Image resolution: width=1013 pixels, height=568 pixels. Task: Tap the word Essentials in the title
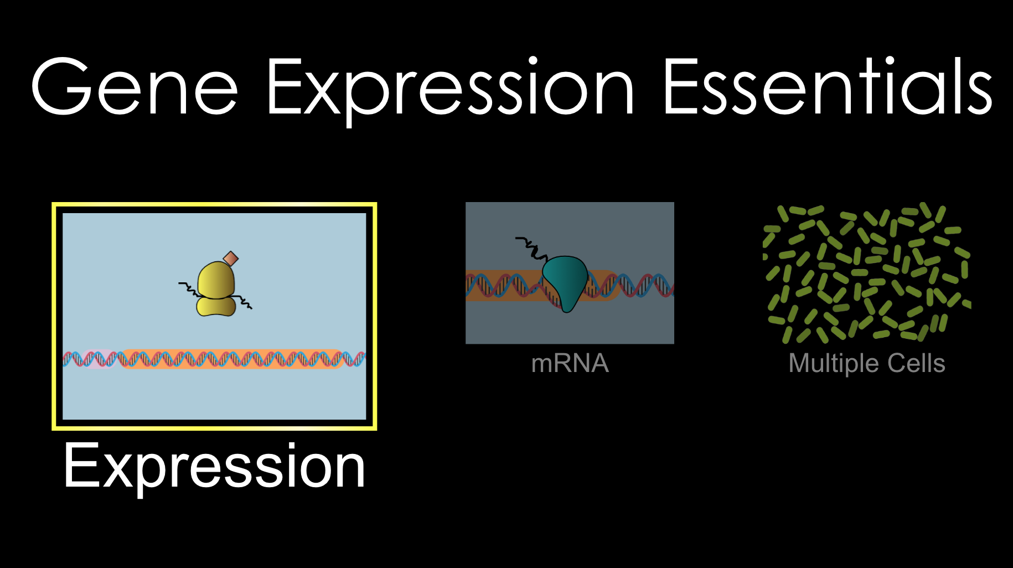(x=827, y=87)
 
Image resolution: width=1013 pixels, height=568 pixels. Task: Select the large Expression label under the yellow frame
(x=214, y=467)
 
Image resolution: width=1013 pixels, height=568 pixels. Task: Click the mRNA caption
(x=570, y=364)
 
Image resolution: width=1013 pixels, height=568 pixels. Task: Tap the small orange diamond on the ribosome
(x=231, y=259)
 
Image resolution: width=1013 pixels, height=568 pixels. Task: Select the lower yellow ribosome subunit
(x=216, y=306)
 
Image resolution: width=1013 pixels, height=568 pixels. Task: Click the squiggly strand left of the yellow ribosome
(x=189, y=288)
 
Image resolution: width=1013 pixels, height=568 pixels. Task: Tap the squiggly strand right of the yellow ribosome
(x=244, y=302)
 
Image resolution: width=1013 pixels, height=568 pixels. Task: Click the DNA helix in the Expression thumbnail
(x=232, y=359)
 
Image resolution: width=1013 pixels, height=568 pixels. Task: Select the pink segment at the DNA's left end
(x=94, y=360)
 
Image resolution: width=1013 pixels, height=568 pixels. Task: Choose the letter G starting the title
(x=61, y=87)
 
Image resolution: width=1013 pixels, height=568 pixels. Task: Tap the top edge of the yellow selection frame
(x=214, y=205)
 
